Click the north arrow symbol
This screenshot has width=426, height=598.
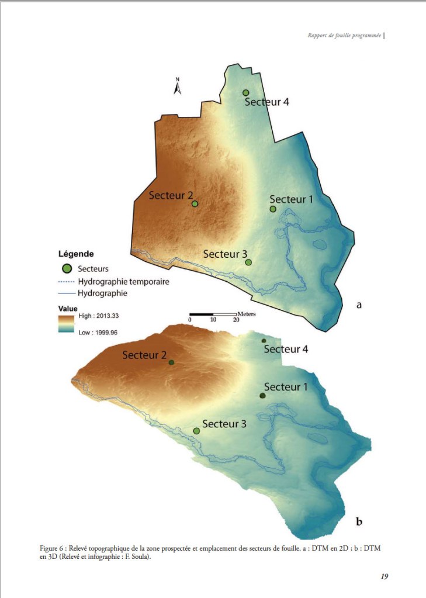(x=178, y=87)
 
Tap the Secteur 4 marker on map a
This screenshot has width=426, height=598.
(x=246, y=93)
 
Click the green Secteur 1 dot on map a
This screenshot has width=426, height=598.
(x=273, y=209)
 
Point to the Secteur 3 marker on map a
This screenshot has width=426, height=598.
(x=248, y=262)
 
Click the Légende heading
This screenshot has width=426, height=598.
(x=76, y=254)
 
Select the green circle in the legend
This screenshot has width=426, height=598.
(x=67, y=269)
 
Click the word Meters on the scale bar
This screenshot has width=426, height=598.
(x=247, y=314)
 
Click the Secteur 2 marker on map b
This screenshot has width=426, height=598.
(x=171, y=362)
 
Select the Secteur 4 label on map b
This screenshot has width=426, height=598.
(x=286, y=350)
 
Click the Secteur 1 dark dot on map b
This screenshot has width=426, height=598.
(x=262, y=396)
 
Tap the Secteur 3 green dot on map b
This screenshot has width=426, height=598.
(x=196, y=431)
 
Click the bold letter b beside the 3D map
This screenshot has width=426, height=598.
(x=359, y=521)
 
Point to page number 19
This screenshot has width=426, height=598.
(x=384, y=576)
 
